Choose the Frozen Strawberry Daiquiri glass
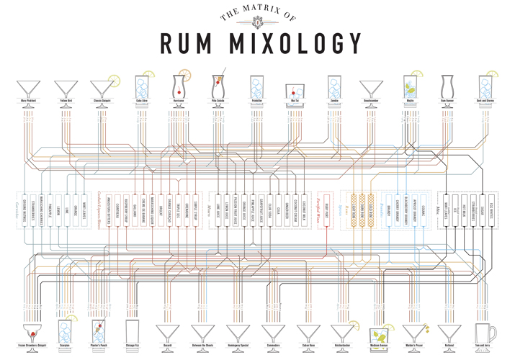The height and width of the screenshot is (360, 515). [33, 333]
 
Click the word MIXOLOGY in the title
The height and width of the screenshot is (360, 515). [300, 44]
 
